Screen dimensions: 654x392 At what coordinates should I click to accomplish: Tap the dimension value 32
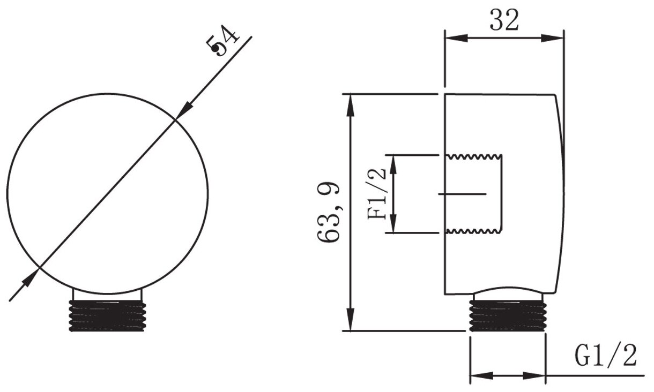click(504, 20)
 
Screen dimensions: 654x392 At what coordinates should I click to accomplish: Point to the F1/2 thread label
click(377, 193)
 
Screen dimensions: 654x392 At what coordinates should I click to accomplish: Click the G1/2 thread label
click(606, 355)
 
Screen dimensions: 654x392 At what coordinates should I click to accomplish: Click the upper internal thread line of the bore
click(474, 156)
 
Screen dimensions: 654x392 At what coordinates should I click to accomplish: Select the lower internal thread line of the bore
click(474, 231)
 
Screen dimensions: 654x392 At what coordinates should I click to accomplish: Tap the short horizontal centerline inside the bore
click(462, 193)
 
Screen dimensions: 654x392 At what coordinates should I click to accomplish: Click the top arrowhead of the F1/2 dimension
click(393, 163)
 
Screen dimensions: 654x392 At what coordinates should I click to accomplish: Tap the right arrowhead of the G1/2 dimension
click(537, 376)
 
